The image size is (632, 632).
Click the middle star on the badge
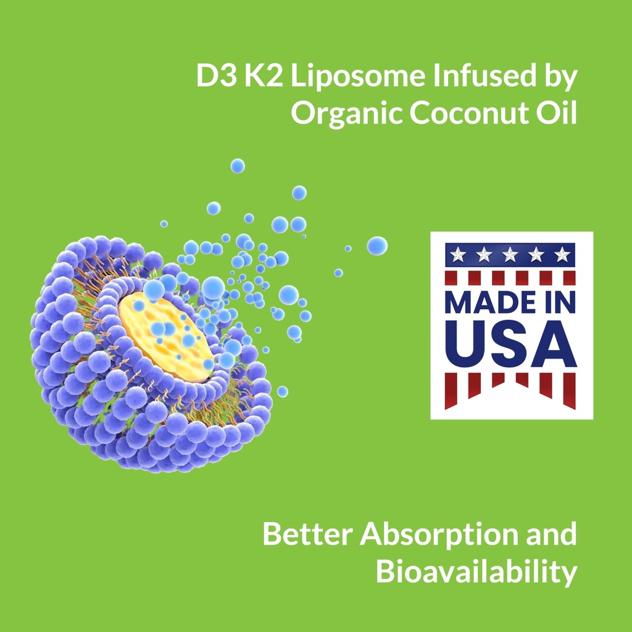[510, 254]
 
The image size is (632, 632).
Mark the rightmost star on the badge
[561, 254]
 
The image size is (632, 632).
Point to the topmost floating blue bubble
[238, 165]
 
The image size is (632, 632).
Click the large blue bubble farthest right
[377, 246]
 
